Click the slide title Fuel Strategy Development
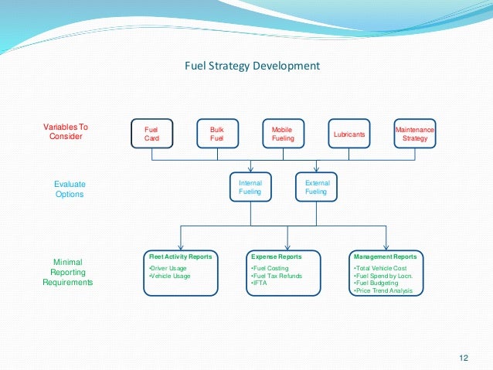[x=252, y=66]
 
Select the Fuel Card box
[x=151, y=134]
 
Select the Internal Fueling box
[x=250, y=187]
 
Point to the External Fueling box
[x=317, y=187]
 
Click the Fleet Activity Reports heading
[x=180, y=256]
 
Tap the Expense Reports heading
[x=277, y=256]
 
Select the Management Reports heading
[x=384, y=256]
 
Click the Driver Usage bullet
[x=168, y=268]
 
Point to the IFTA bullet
[x=259, y=283]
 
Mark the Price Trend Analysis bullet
[x=382, y=290]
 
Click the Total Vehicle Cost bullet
[x=379, y=268]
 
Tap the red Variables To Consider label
[x=66, y=131]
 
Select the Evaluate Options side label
[x=70, y=189]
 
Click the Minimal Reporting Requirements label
[x=68, y=272]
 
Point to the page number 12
[x=464, y=357]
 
